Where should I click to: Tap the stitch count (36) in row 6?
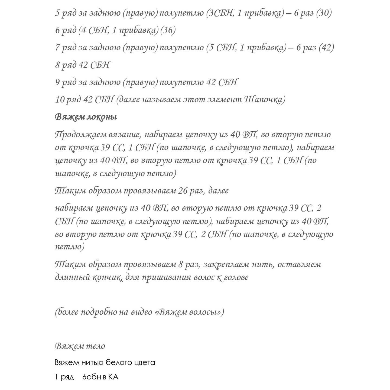[x=168, y=30]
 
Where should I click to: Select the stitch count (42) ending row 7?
[x=326, y=48]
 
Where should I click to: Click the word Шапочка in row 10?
[x=265, y=100]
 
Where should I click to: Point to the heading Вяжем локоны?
[x=86, y=117]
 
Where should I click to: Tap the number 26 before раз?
[x=183, y=191]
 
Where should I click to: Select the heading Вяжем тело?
[x=80, y=346]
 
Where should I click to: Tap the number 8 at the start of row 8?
[x=57, y=65]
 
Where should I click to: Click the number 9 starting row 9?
[x=57, y=82]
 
